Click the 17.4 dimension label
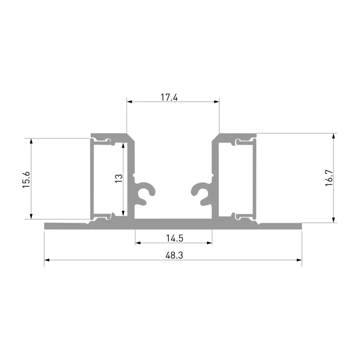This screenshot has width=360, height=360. click(169, 97)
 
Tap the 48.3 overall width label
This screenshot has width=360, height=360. click(174, 255)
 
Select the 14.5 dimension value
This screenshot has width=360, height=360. click(175, 238)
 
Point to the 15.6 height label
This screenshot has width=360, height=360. click(27, 180)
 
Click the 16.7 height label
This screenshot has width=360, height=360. click(329, 178)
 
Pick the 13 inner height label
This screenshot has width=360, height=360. click(119, 178)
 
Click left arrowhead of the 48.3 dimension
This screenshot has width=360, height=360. click(47, 260)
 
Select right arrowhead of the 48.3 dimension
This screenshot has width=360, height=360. click(299, 260)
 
